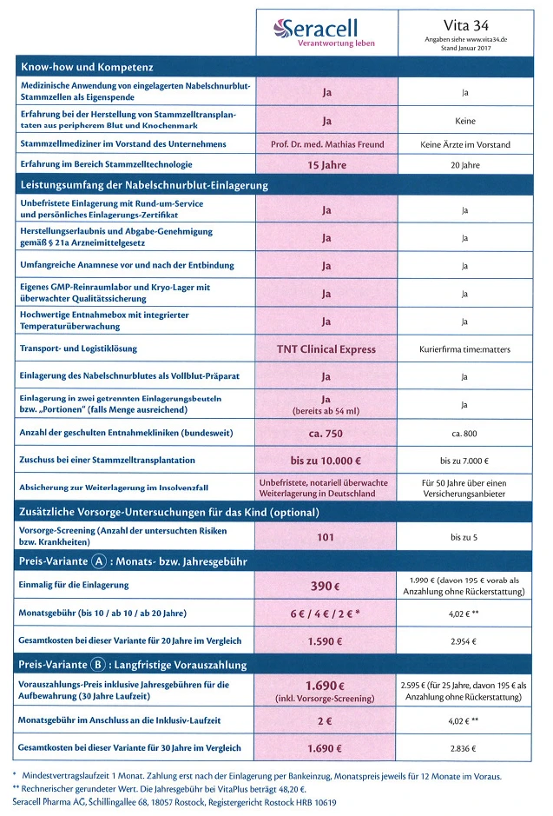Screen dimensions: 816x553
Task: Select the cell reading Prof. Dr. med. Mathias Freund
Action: point(326,143)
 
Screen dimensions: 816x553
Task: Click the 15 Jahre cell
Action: point(326,164)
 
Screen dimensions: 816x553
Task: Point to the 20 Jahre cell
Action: point(465,164)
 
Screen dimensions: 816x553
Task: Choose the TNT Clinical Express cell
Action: point(326,349)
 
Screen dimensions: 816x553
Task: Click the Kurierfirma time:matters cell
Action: point(465,349)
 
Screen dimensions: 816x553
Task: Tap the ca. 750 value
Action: point(326,433)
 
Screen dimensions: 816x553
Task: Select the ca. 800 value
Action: point(465,433)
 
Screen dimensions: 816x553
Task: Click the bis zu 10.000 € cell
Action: point(326,460)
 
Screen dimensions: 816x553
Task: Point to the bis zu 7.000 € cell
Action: point(465,461)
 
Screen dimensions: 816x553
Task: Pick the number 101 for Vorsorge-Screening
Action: point(326,537)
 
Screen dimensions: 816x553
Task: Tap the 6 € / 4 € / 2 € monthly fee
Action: point(326,614)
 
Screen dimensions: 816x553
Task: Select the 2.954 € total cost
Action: point(465,641)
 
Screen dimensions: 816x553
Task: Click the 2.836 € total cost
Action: point(465,748)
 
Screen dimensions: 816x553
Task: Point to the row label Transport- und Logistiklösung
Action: point(78,349)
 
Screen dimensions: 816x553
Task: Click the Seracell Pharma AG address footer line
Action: point(174,802)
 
